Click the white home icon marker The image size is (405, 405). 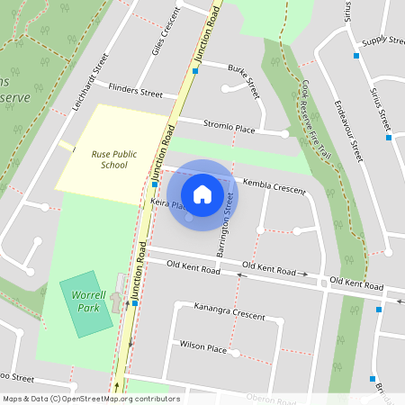pyautogui.click(x=202, y=193)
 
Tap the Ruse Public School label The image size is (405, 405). pyautogui.click(x=113, y=159)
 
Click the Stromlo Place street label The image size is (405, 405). pyautogui.click(x=229, y=128)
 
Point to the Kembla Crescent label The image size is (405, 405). pyautogui.click(x=275, y=186)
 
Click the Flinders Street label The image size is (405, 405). pyautogui.click(x=135, y=91)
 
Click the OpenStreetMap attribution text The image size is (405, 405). pyautogui.click(x=90, y=398)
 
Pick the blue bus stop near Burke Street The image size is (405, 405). pyautogui.click(x=195, y=70)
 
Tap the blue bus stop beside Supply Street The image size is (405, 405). pyautogui.click(x=357, y=56)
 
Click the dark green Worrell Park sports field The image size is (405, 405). pyautogui.click(x=81, y=303)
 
